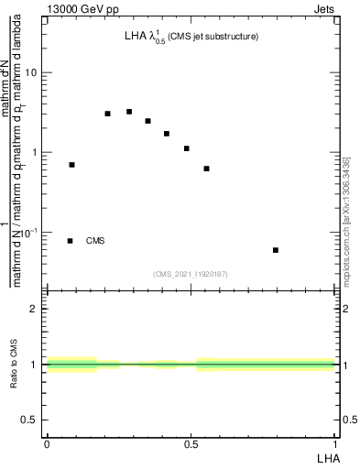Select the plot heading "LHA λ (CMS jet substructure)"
(191, 38)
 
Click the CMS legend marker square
(70, 241)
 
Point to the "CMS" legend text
(95, 241)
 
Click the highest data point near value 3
(129, 112)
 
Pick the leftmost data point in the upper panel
(71, 165)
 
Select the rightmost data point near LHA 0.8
(275, 250)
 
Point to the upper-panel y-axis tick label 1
(35, 152)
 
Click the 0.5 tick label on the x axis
(191, 444)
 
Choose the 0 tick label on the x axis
(46, 444)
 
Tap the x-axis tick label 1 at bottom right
(335, 444)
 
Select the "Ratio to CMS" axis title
(16, 365)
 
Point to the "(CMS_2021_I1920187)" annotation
(191, 274)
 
